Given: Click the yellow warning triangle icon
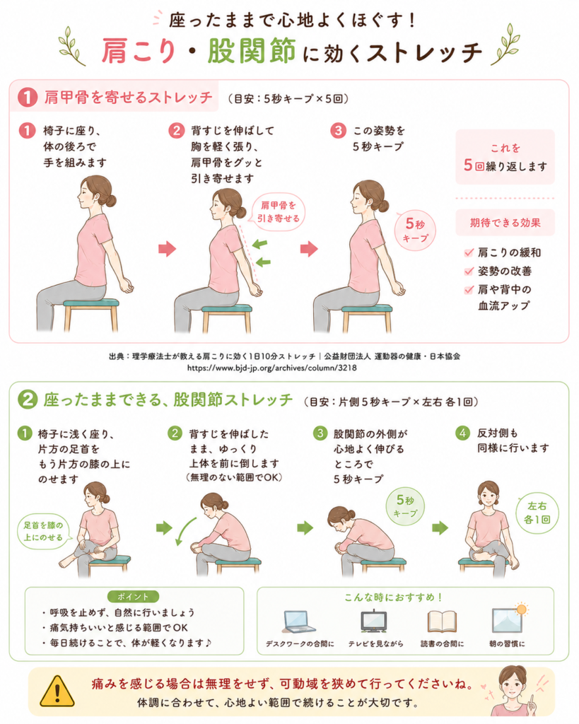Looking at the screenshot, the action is tap(57, 691).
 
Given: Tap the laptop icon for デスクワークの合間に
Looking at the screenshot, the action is tap(299, 622).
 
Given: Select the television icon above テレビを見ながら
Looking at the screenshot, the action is tap(373, 621).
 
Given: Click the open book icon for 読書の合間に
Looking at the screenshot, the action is tap(442, 621).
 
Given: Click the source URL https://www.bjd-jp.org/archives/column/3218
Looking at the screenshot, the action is tap(272, 368).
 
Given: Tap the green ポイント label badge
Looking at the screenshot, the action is tap(133, 597).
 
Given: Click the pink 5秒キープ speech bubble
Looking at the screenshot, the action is tap(414, 230).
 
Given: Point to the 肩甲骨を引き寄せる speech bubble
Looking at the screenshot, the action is tap(278, 212).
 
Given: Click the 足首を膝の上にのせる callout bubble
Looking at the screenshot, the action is tap(44, 532).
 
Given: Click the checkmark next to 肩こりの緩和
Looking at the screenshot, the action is tap(469, 252).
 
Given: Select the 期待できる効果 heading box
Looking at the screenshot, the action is tap(505, 223).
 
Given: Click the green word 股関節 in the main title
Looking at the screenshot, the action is tap(252, 50).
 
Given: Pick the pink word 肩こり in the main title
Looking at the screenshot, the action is tap(139, 50).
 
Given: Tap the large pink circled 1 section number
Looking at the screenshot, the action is tap(28, 97).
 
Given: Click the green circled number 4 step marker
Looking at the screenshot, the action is tap(462, 433).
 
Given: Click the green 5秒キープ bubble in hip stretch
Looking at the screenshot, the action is tap(404, 506).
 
